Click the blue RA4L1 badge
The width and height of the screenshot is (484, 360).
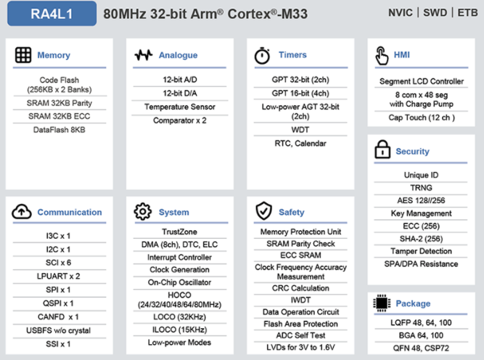click(x=52, y=14)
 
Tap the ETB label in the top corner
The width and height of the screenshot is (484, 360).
click(x=467, y=12)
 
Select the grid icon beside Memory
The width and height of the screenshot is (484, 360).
click(x=23, y=55)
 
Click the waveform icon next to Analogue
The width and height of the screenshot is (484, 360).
click(x=144, y=55)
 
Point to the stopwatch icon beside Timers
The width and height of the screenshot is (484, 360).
click(x=262, y=56)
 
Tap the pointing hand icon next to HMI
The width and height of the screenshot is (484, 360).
click(x=382, y=56)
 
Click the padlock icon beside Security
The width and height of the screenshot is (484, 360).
click(x=382, y=149)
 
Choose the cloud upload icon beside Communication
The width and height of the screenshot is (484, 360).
click(x=22, y=211)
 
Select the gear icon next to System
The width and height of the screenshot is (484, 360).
click(x=143, y=211)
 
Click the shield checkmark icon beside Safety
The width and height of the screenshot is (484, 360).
click(x=263, y=211)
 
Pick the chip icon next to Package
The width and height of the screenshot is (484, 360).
click(x=382, y=303)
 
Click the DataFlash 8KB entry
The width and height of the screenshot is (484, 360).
click(x=60, y=130)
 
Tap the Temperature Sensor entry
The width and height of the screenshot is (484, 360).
click(x=180, y=107)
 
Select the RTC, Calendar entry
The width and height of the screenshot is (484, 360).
click(x=300, y=143)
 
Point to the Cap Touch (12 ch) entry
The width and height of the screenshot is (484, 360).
click(x=422, y=118)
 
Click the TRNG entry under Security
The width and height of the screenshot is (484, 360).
click(x=421, y=188)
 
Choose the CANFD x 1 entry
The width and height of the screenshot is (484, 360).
click(x=58, y=316)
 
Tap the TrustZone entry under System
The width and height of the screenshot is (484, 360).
click(x=180, y=232)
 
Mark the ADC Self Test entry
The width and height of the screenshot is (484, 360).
click(x=300, y=335)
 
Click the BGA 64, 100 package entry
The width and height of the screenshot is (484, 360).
click(x=421, y=335)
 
